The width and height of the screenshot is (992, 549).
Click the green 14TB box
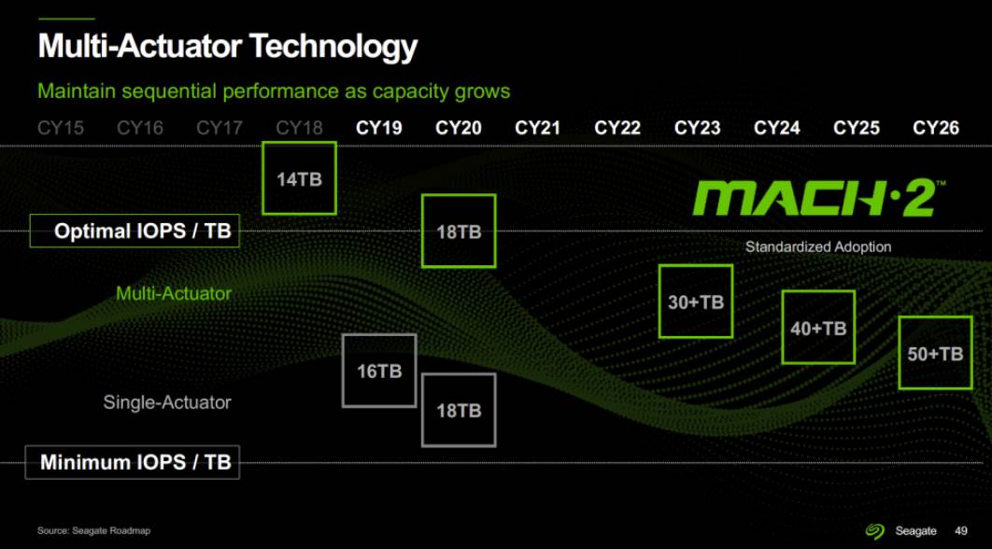299,178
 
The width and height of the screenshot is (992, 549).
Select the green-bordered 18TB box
459,231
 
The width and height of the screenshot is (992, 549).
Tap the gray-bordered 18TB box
459,410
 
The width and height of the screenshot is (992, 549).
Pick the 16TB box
378,371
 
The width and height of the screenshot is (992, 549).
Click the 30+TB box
696,302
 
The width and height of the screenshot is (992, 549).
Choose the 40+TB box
818,328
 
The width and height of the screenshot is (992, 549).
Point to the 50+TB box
935,353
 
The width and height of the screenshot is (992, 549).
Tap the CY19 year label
379,128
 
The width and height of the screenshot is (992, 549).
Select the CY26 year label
936,128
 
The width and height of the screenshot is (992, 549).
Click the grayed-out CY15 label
61,128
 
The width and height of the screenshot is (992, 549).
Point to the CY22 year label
617,128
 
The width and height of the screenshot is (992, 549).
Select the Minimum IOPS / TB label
135,462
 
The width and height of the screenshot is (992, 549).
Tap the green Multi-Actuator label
173,293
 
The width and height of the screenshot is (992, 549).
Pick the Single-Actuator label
166,402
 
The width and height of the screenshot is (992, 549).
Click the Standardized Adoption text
818,247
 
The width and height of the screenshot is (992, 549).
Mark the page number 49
961,530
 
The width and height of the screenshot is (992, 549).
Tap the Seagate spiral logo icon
874,530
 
